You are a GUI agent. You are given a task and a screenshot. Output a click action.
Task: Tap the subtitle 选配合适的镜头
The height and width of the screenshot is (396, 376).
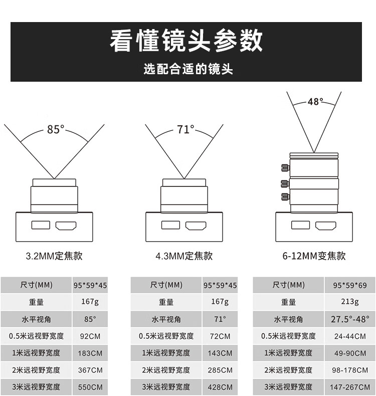pos(188,69)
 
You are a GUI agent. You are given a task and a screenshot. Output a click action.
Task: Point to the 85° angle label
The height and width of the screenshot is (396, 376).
pos(56,129)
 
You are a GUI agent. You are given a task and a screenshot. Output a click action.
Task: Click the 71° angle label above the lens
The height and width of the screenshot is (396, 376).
pos(185,129)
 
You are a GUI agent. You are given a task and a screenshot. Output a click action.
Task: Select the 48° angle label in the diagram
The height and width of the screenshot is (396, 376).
pos(315,102)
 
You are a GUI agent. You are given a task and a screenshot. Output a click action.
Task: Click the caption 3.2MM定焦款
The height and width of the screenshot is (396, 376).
pos(54,256)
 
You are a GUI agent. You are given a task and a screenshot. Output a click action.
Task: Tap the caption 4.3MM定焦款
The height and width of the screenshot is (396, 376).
pos(184,256)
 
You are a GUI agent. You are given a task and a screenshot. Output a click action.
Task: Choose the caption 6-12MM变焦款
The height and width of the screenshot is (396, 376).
pos(314,256)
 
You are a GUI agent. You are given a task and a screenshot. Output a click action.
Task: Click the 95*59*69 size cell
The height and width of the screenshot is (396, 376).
pos(349,285)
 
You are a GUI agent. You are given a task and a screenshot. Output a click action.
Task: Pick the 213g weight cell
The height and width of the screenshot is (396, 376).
pos(349,302)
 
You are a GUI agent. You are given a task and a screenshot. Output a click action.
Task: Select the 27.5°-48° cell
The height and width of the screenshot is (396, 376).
pos(349,319)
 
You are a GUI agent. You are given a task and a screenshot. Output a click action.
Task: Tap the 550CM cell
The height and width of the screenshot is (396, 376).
pos(90,387)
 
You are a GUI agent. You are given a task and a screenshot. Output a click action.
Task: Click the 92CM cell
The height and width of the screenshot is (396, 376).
pos(90,336)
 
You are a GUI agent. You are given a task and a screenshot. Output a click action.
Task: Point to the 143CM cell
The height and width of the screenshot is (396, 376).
pos(220,353)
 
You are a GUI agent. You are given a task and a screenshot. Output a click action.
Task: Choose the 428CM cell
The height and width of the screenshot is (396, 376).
pos(220,387)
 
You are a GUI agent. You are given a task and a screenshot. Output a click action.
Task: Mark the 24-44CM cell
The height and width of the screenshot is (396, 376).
pos(349,336)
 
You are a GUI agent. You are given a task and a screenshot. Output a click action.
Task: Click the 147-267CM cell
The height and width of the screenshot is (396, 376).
pos(349,387)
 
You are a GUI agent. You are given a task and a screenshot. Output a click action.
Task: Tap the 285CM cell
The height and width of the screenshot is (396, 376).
pos(220,370)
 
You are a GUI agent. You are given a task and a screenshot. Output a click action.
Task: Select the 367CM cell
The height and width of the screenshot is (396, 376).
pos(90,370)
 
